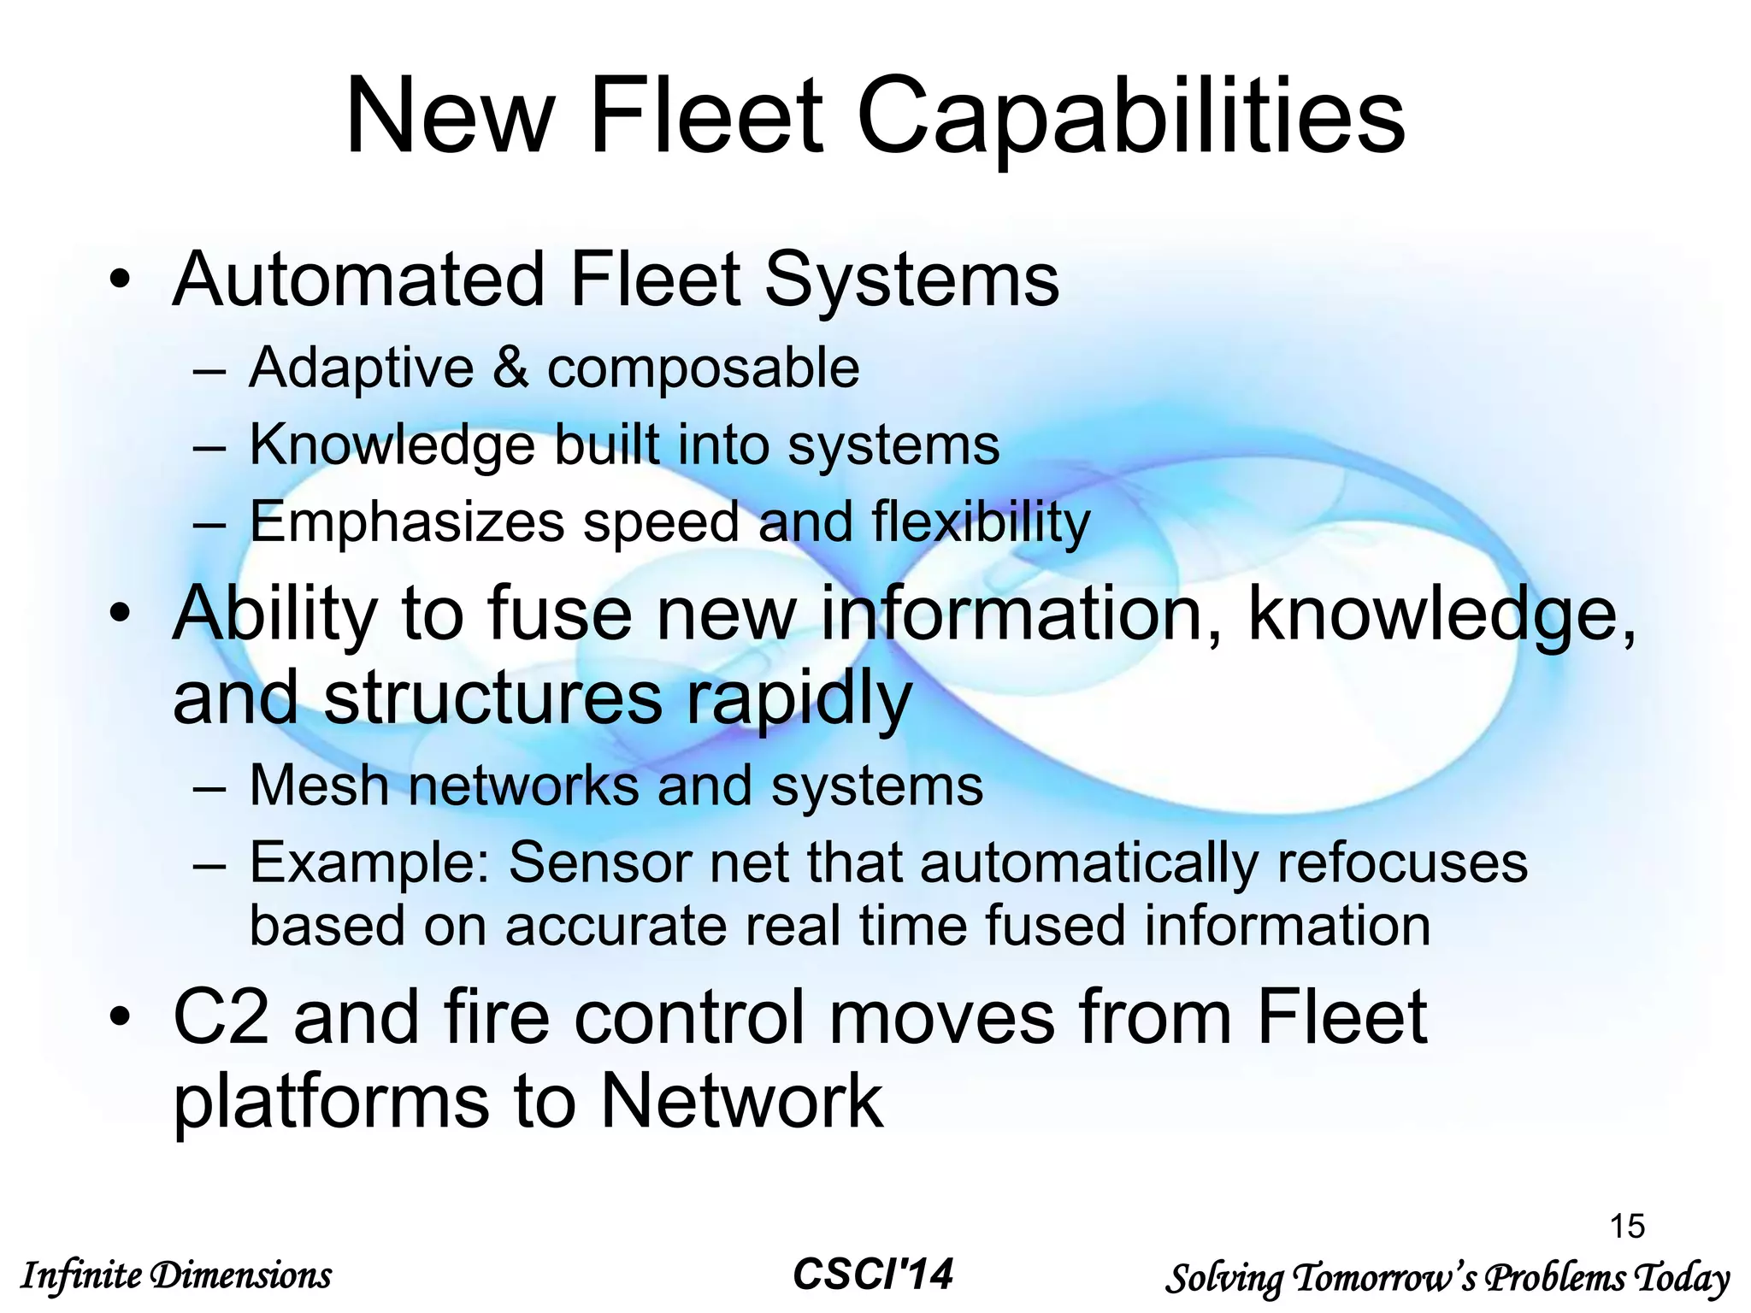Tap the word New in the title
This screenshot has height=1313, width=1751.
click(450, 116)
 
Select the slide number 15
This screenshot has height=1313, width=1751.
click(1627, 1226)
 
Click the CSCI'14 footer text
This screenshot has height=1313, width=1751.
click(873, 1275)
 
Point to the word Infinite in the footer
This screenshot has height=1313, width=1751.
click(81, 1276)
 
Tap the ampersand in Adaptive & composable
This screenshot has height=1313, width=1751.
click(510, 368)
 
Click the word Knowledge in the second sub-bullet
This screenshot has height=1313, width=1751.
click(392, 446)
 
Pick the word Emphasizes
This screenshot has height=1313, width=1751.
click(407, 521)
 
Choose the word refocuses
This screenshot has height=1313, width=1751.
click(1401, 862)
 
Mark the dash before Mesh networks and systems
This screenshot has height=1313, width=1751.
click(209, 786)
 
